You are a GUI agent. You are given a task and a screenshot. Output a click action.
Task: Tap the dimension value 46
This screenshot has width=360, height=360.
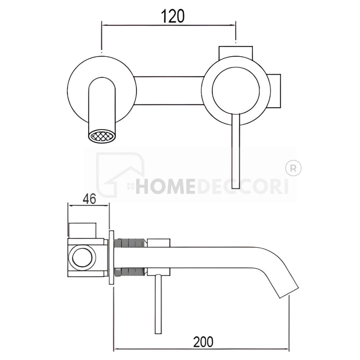(x=89, y=198)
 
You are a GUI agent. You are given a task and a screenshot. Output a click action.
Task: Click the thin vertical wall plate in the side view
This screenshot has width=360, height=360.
(x=111, y=257)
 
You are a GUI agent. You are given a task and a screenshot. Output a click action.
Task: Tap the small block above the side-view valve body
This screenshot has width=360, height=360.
(x=82, y=230)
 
